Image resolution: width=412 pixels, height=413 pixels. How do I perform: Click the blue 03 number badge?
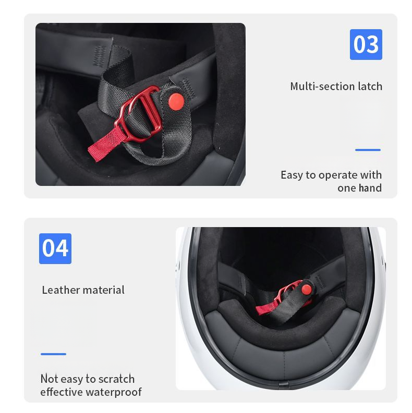coord(366,44)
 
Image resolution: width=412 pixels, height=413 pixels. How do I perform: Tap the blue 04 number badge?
coord(55,248)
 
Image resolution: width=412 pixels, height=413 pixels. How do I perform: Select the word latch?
coord(370,86)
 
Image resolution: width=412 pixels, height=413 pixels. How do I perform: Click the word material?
coord(103,290)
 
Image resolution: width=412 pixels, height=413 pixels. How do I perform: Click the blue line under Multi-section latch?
coord(368,150)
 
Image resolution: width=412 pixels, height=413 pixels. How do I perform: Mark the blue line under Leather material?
coord(53,354)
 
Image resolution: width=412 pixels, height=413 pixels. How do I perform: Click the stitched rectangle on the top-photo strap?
coord(99,54)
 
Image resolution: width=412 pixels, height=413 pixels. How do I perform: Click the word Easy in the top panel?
coord(291,175)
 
